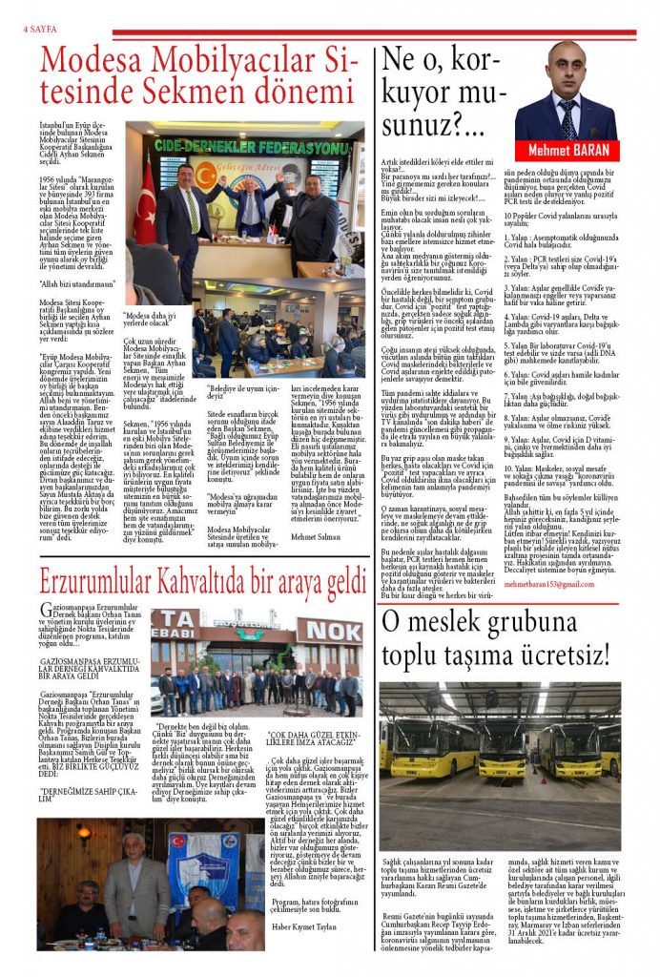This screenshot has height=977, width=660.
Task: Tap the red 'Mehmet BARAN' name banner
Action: point(568,150)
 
